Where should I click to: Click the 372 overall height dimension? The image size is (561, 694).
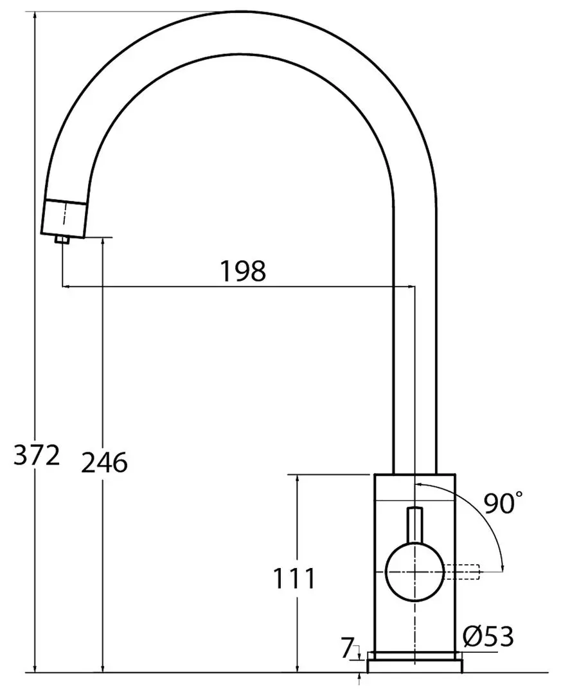(37, 456)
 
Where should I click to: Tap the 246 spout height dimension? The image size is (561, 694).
(104, 463)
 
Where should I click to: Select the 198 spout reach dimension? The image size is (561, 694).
(243, 271)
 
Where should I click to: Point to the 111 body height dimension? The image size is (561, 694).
(294, 578)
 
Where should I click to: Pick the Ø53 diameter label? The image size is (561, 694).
(488, 636)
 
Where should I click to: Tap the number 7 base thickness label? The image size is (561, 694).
(347, 648)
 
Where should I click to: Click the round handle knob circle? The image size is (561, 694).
(414, 572)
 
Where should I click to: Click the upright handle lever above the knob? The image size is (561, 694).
(414, 525)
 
